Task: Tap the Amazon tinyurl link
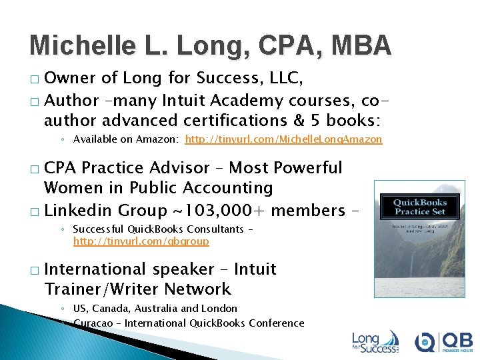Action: [283, 139]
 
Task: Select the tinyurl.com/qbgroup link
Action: [141, 241]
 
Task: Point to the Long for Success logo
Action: [375, 341]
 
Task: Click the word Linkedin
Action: [77, 211]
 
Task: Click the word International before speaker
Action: [95, 269]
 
